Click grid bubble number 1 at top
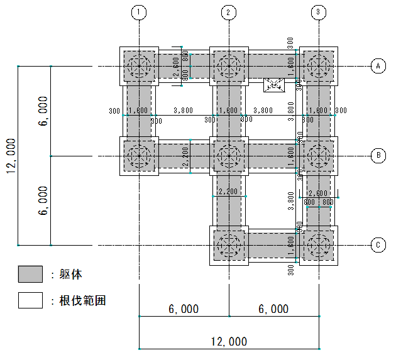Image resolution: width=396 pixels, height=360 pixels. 139,12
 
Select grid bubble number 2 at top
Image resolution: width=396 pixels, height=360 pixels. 229,12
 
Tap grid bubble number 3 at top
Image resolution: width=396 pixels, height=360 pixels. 318,12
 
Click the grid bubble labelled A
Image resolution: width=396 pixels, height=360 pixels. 378,66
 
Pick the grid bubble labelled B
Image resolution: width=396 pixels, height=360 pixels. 378,155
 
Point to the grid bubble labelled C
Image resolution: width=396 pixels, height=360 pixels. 378,245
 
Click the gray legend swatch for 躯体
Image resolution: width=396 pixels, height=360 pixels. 30,275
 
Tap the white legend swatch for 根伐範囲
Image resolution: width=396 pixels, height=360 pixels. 30,300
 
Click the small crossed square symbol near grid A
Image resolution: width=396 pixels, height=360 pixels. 274,84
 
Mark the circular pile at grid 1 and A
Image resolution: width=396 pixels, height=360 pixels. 139,66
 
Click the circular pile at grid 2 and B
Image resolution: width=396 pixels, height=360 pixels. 229,155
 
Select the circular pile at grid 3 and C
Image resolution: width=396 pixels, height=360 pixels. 318,245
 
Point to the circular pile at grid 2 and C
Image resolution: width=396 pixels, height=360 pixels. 229,245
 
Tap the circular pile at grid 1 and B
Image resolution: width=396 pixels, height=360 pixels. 139,155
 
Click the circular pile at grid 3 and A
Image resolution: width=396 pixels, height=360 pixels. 318,66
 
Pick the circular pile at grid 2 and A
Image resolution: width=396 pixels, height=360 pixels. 229,66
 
